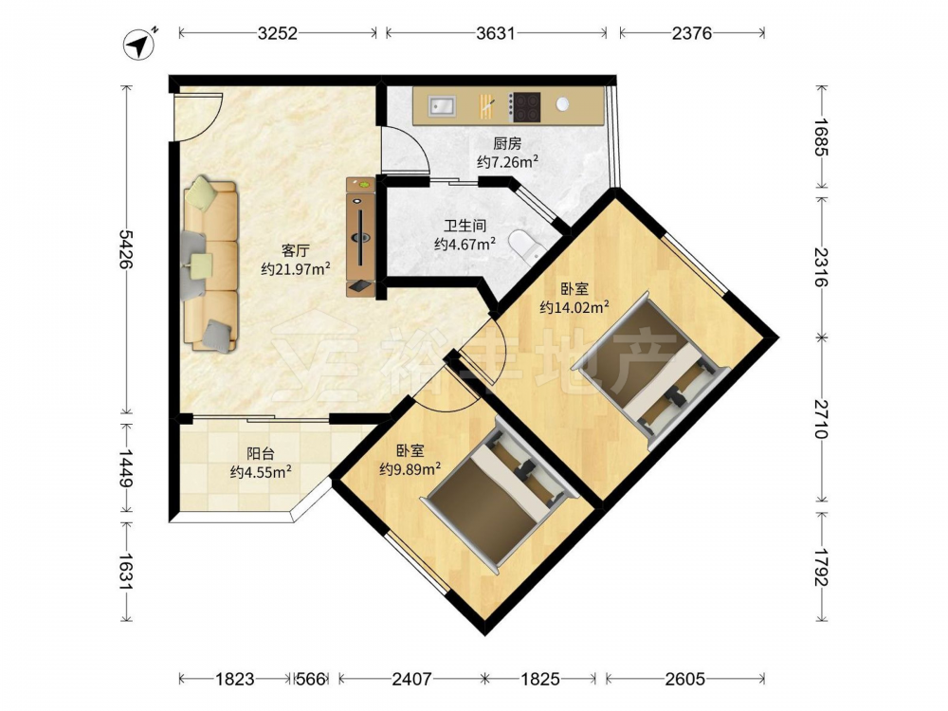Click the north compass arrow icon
139,45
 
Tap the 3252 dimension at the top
278,33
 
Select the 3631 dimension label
495,33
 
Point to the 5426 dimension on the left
126,249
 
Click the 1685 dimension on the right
820,137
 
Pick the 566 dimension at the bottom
311,679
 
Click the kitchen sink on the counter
442,106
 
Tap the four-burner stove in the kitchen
523,106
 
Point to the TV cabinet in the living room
361,237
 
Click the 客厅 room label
296,250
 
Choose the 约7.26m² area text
508,162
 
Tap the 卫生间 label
465,227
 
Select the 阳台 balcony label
261,453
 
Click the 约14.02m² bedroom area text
574,307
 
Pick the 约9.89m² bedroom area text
410,469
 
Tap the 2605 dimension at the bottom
685,679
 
